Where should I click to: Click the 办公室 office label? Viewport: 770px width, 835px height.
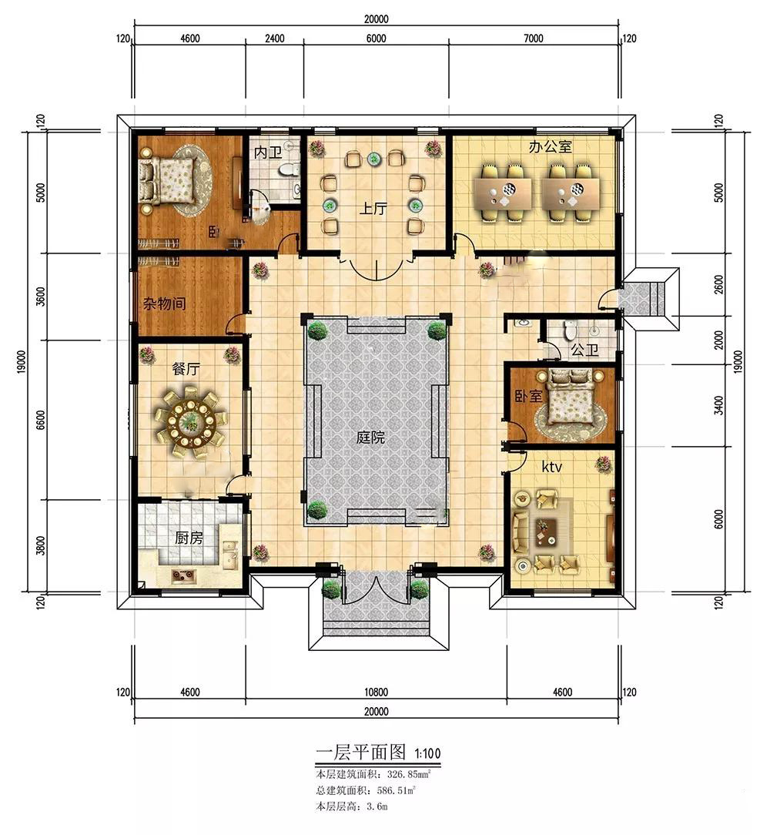tap(550, 146)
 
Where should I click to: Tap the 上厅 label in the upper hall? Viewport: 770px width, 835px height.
tap(373, 208)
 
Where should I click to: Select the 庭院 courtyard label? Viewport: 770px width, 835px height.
tap(371, 438)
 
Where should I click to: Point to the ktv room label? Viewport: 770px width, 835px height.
tap(551, 467)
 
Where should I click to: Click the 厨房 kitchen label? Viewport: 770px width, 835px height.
tap(189, 538)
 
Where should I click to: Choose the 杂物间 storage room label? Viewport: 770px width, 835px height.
tap(165, 303)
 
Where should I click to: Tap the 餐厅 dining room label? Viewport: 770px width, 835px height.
tap(186, 369)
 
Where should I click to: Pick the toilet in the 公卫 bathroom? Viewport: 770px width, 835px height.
tap(570, 330)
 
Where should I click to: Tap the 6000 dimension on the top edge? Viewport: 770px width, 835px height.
tap(376, 39)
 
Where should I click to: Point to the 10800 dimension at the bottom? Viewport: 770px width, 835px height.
tap(376, 692)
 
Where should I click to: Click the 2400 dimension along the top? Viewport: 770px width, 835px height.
tap(274, 39)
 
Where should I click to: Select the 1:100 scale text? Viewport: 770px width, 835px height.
tap(427, 753)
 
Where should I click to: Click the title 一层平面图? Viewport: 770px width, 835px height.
tap(361, 752)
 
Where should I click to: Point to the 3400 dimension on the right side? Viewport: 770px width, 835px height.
tap(719, 405)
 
